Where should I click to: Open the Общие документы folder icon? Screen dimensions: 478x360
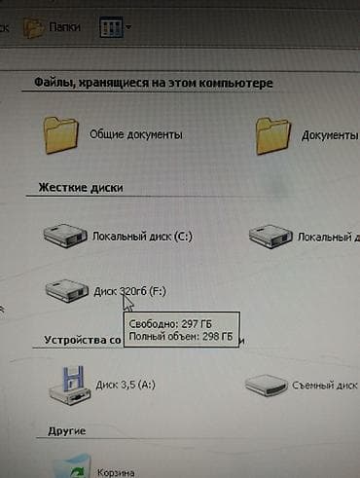click(62, 133)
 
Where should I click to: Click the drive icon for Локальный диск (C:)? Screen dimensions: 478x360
click(66, 235)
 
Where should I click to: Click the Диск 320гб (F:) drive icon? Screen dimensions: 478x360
click(66, 289)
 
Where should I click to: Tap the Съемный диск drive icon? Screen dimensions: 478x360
click(266, 385)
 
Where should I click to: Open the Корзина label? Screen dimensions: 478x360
click(114, 471)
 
